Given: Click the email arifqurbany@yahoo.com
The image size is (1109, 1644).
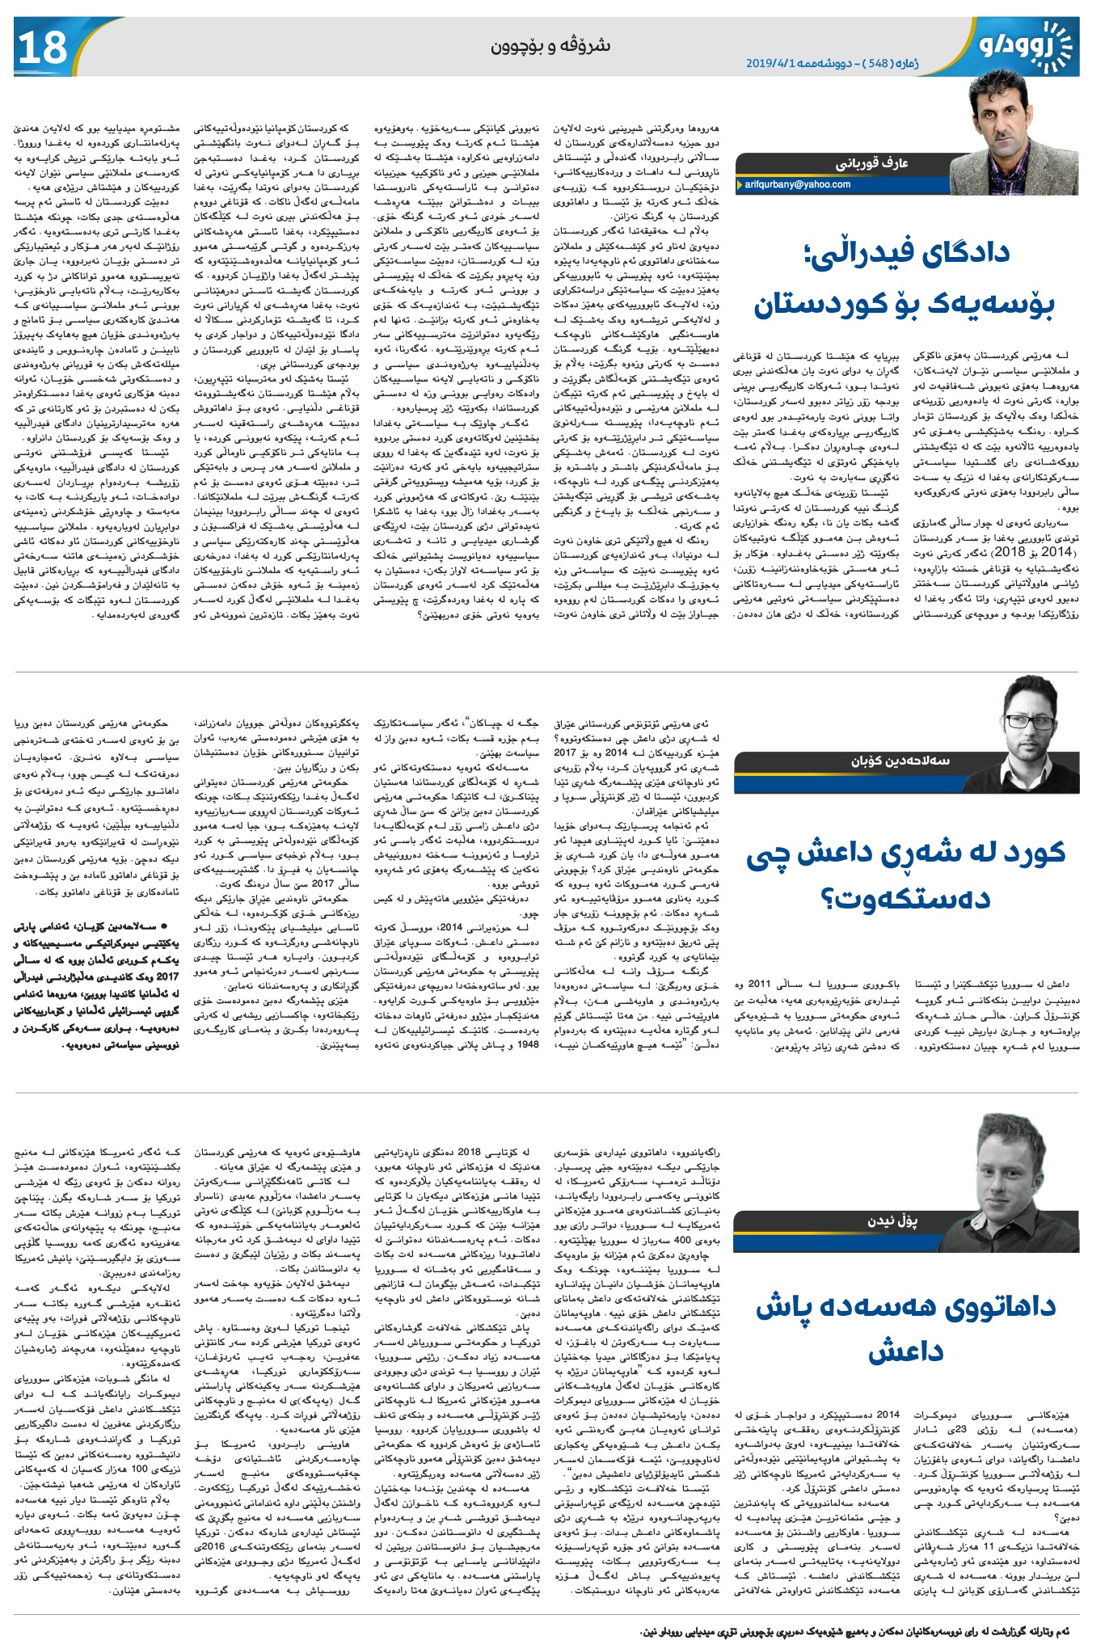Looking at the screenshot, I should tap(797, 184).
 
